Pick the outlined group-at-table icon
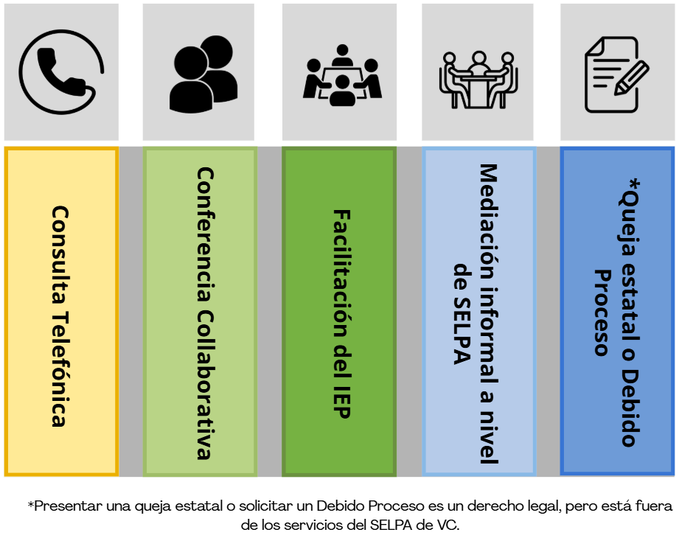tap(479, 79)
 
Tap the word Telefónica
tap(60, 369)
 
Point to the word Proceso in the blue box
tap(603, 312)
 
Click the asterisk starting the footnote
tap(31, 506)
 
